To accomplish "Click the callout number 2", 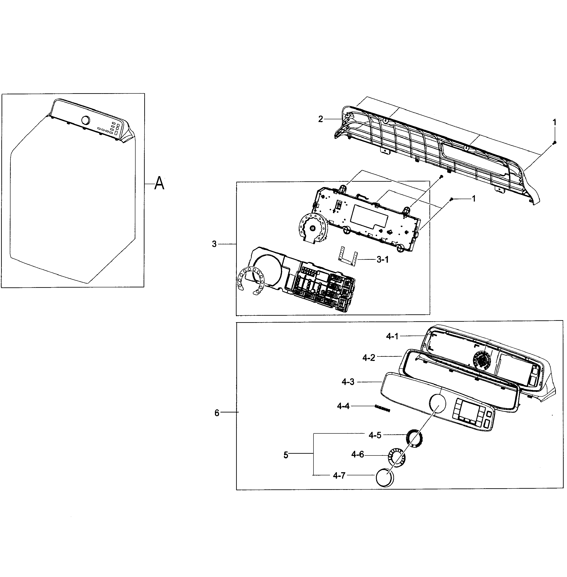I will point(320,119).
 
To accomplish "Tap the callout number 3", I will point(214,244).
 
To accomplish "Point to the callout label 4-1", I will point(392,336).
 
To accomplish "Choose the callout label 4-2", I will point(368,358).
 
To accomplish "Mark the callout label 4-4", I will point(343,406).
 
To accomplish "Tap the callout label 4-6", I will point(357,454).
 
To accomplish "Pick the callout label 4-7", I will point(339,476).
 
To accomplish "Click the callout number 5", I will point(286,455).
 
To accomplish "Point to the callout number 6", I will point(217,413).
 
